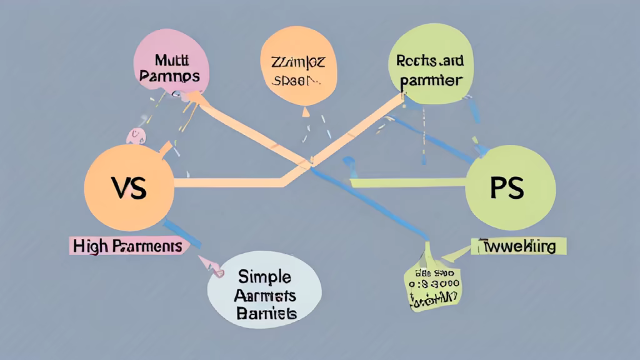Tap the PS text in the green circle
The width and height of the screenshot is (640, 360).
point(507,188)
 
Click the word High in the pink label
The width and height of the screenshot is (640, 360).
point(90,246)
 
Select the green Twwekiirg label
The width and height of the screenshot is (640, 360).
point(518,246)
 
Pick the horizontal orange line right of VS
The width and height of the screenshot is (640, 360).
point(225,182)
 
